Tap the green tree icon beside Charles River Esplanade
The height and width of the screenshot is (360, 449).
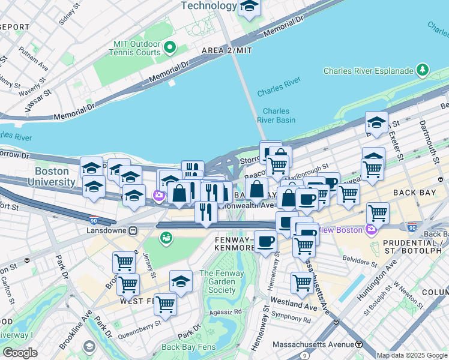(x=423, y=70)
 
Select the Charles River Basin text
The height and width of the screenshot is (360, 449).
(x=276, y=115)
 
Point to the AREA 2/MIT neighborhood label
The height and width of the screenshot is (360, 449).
(x=228, y=50)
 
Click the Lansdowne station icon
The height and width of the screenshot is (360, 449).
(x=134, y=230)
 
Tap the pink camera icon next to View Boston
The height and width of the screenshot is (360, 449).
(x=371, y=230)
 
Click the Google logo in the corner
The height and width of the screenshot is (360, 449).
(x=20, y=353)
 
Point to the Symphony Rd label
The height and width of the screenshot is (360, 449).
(x=291, y=319)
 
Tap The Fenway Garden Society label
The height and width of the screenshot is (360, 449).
(x=222, y=281)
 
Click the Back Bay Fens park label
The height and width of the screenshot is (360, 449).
(x=187, y=347)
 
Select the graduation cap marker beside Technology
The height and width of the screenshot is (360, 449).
(x=249, y=7)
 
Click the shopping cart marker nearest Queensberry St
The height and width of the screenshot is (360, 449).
(x=165, y=304)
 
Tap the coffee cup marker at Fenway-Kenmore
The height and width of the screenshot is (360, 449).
(x=265, y=241)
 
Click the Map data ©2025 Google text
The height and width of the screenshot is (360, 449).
(x=411, y=355)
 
